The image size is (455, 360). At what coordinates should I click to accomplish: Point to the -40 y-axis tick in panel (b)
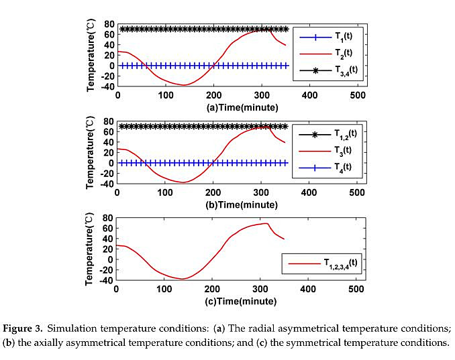(x=106, y=184)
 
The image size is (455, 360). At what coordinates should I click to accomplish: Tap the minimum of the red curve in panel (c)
(x=182, y=279)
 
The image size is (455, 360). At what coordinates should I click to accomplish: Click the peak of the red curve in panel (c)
(x=266, y=223)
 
